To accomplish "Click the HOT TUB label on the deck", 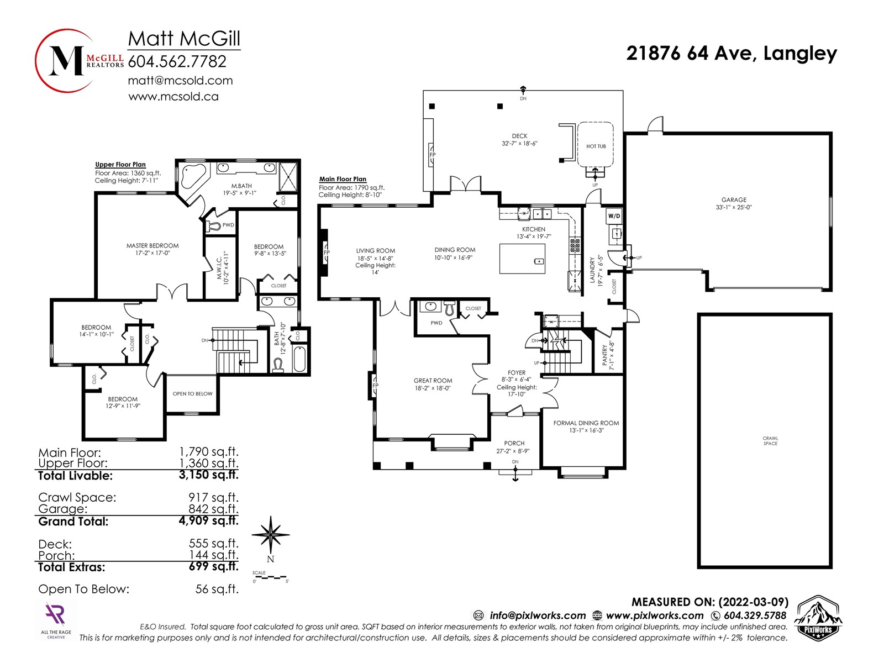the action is pyautogui.click(x=596, y=146).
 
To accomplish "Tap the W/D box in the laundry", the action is pyautogui.click(x=614, y=216).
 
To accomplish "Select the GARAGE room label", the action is pyautogui.click(x=734, y=199).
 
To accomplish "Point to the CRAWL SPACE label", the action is pyautogui.click(x=770, y=441).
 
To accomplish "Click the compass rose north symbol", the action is pyautogui.click(x=271, y=535).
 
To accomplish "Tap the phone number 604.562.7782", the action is pyautogui.click(x=177, y=61).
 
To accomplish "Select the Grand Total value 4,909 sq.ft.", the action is pyautogui.click(x=209, y=520).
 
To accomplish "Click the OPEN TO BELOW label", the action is pyautogui.click(x=192, y=394).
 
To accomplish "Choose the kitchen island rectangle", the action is pyautogui.click(x=522, y=259).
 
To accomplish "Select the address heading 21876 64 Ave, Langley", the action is pyautogui.click(x=732, y=53).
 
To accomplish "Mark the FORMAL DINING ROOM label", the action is pyautogui.click(x=586, y=423).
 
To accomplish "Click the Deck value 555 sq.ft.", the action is pyautogui.click(x=214, y=543).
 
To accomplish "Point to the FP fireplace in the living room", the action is pyautogui.click(x=324, y=252).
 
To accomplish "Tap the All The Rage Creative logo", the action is pyautogui.click(x=56, y=620).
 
